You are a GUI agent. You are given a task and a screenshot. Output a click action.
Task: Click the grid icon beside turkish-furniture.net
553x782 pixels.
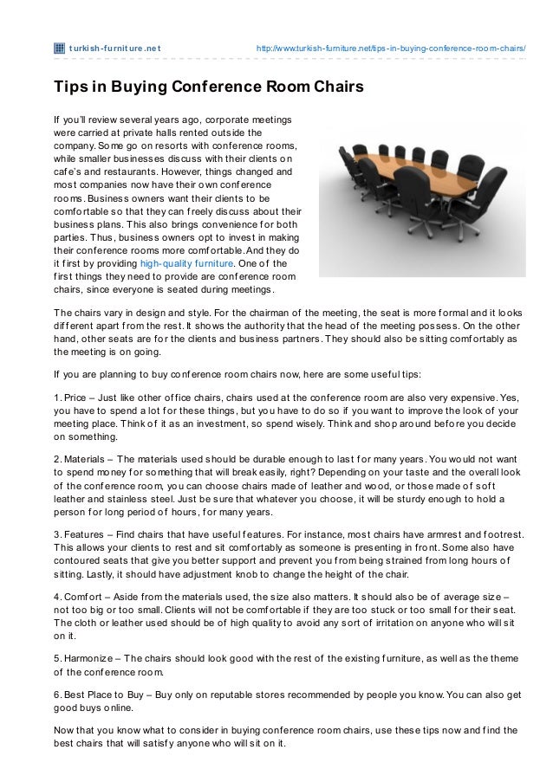59,48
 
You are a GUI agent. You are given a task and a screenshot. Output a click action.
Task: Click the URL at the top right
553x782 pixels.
391,48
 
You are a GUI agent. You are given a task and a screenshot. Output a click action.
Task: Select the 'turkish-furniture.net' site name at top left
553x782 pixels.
114,48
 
